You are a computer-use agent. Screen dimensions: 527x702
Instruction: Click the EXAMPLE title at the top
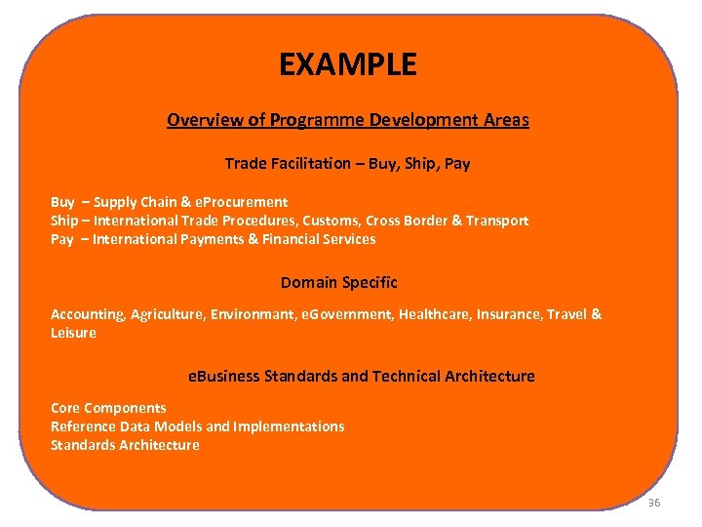coord(348,64)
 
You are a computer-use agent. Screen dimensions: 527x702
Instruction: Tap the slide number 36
coord(653,503)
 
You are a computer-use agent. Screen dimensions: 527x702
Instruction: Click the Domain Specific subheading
coord(339,282)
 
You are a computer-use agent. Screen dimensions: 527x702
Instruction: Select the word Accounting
coord(88,314)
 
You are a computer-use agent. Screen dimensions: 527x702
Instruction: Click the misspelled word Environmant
coord(254,314)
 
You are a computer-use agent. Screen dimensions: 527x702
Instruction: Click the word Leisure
coord(74,333)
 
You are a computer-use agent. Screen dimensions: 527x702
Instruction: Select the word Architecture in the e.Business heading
coord(489,376)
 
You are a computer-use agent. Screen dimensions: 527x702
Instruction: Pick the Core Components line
coord(108,408)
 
